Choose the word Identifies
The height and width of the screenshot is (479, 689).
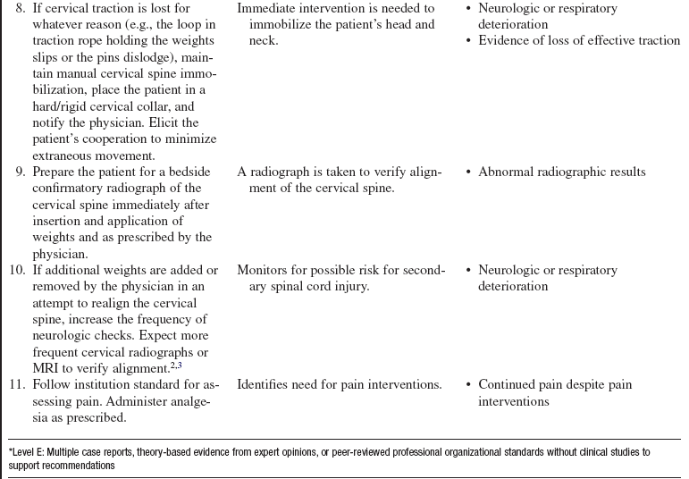(x=267, y=384)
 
